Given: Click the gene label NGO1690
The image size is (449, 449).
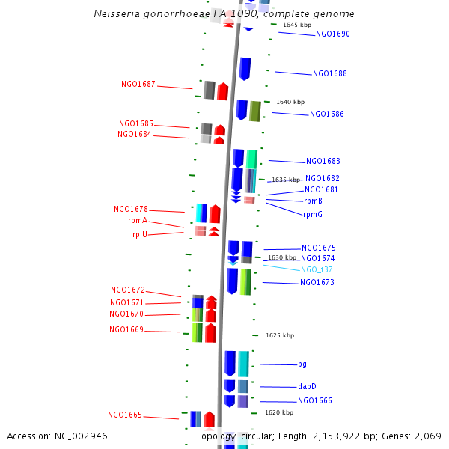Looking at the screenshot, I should click(x=332, y=34).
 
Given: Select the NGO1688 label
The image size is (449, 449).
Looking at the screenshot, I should click(x=329, y=74).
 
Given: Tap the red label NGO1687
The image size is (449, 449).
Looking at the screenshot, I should click(x=138, y=85).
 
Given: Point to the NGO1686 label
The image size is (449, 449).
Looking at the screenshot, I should click(x=327, y=114).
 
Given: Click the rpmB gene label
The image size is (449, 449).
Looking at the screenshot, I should click(x=313, y=201).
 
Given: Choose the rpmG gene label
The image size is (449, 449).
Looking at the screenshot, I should click(x=313, y=215).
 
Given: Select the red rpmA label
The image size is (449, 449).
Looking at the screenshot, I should click(x=138, y=221).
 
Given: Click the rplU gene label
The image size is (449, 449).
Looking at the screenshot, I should click(x=140, y=234).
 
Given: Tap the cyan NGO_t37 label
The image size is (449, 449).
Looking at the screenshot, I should click(x=317, y=269).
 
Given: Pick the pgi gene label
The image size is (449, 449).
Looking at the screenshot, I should click(x=303, y=364).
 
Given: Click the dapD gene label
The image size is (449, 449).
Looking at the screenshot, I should click(x=307, y=387).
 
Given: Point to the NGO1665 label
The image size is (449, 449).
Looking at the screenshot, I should click(x=125, y=415).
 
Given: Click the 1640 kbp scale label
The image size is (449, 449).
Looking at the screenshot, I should click(x=290, y=102).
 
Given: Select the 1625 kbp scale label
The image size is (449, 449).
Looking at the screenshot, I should click(x=280, y=335).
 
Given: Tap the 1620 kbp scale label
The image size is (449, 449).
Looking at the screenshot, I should click(x=278, y=412).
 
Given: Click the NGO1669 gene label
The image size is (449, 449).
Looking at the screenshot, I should click(x=126, y=330).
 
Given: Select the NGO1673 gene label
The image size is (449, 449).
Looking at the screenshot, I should click(x=317, y=283).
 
